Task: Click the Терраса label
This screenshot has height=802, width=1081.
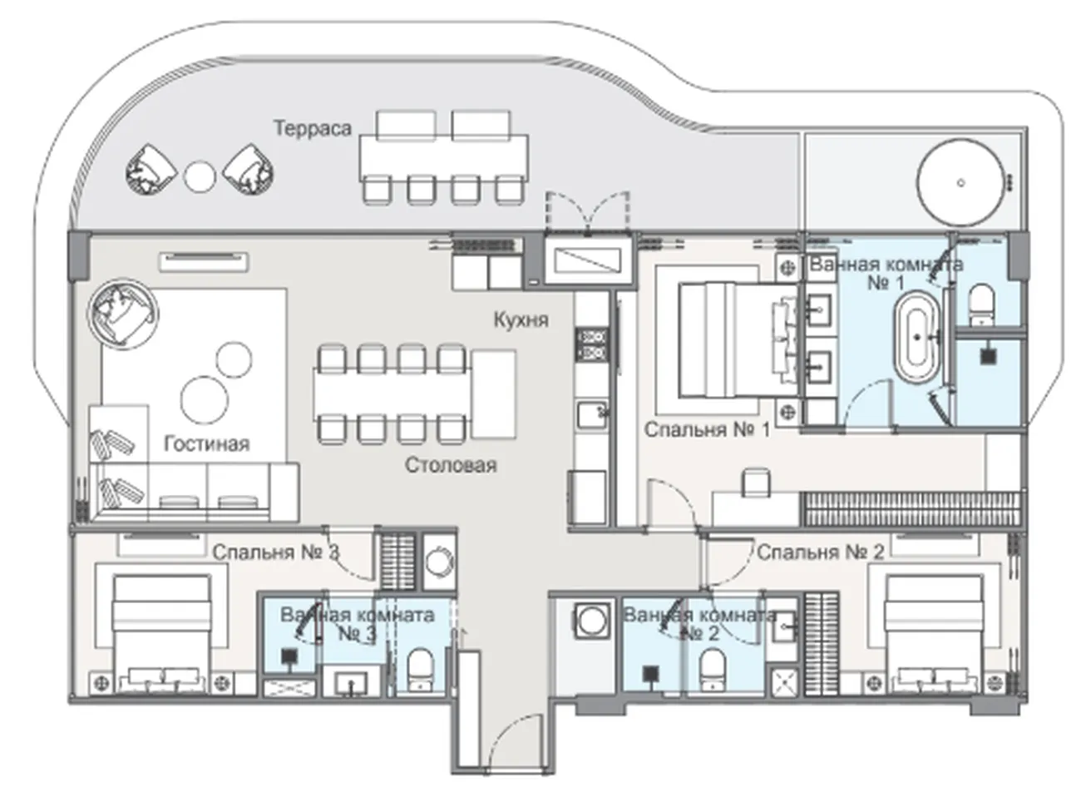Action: click(x=313, y=128)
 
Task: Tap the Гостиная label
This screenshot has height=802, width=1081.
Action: click(x=207, y=444)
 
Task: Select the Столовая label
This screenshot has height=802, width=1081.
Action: click(x=451, y=465)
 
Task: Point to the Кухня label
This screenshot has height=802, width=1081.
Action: click(x=521, y=320)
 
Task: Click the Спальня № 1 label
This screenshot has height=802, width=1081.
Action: click(x=707, y=430)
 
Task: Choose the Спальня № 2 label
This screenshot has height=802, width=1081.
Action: click(x=820, y=552)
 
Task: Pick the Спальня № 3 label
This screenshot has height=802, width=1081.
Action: click(x=275, y=552)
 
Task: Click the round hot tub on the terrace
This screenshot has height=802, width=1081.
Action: click(x=960, y=182)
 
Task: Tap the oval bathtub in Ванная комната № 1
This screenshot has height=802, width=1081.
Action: click(x=916, y=337)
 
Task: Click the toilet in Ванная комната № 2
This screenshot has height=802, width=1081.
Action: click(x=712, y=670)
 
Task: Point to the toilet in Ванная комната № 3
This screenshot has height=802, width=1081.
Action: click(x=420, y=670)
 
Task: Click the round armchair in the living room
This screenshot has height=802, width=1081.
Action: click(x=123, y=314)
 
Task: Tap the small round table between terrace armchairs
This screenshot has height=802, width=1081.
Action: click(x=200, y=176)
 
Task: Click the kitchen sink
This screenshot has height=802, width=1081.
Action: click(x=591, y=415)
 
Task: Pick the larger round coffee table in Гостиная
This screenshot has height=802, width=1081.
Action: click(x=205, y=400)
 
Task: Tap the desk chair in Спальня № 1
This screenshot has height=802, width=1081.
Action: click(x=757, y=483)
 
